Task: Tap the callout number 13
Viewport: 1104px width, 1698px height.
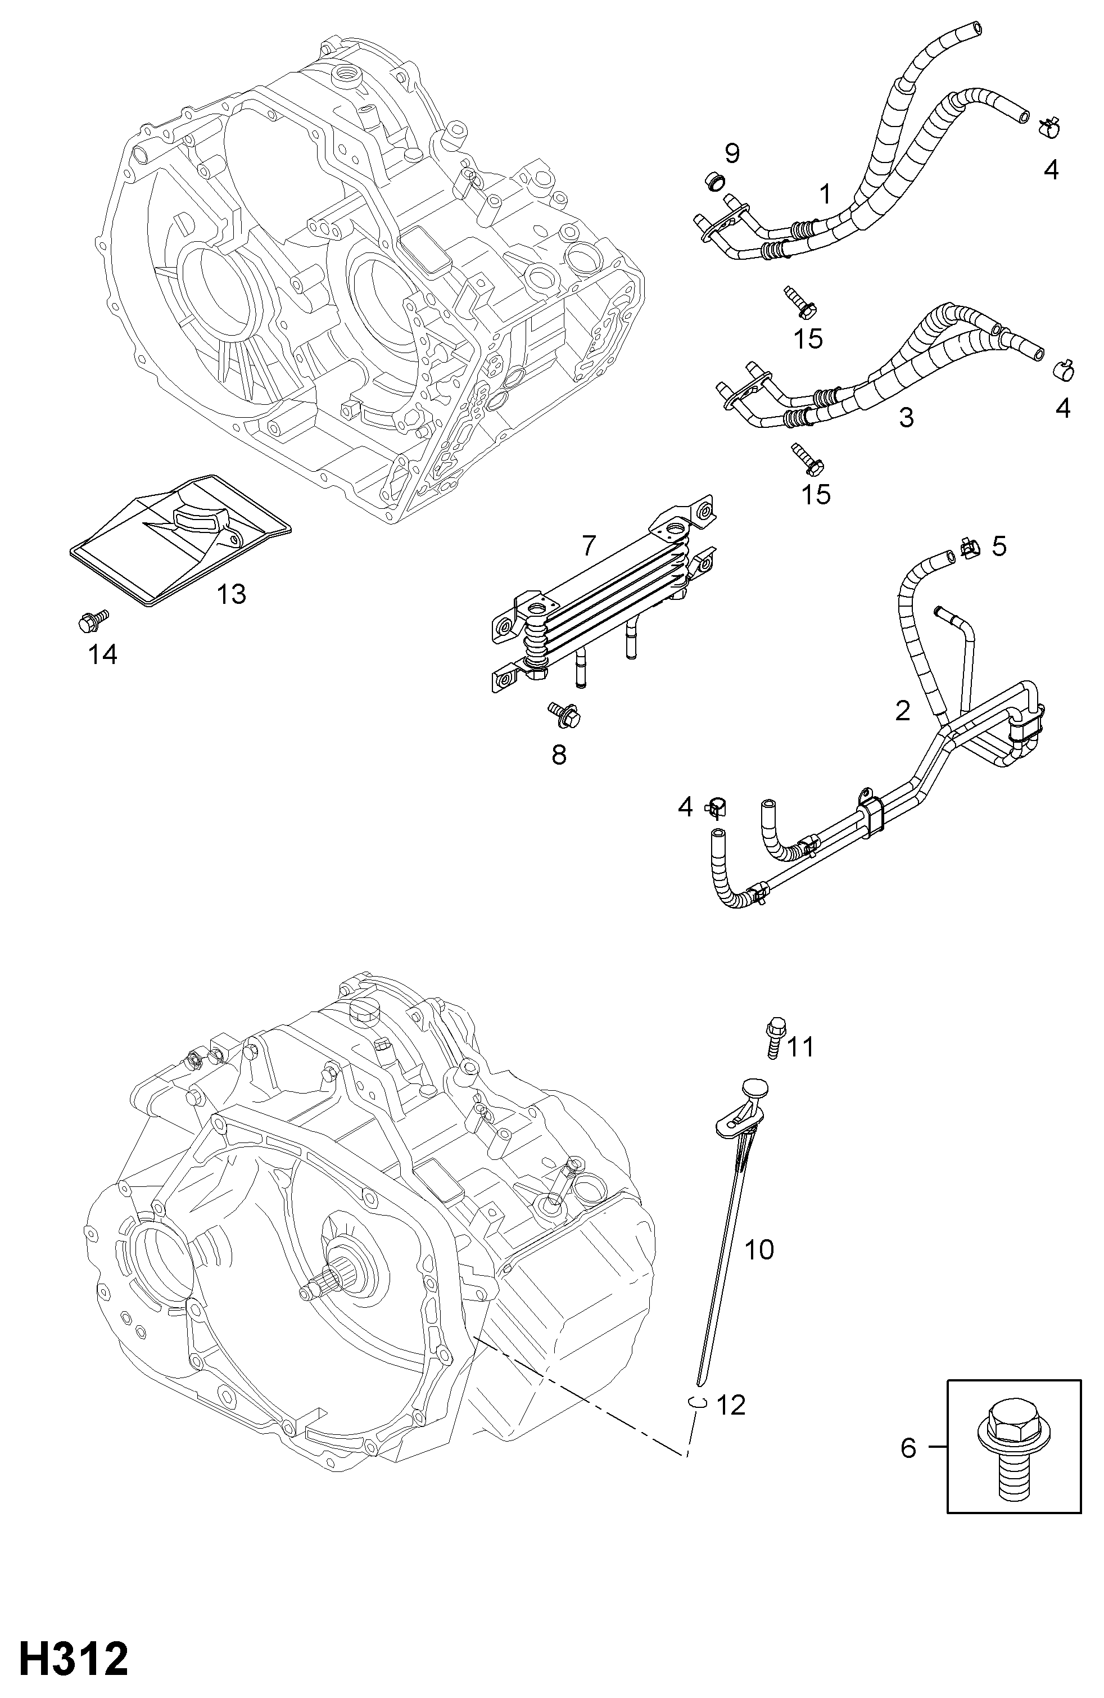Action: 232,594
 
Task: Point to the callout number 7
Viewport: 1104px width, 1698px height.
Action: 587,545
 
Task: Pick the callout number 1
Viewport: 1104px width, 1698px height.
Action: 825,194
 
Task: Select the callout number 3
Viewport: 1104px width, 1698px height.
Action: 906,417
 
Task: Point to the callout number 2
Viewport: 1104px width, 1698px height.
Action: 902,711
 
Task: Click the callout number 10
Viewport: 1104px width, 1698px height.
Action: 759,1249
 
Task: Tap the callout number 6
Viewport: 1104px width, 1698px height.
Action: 908,1448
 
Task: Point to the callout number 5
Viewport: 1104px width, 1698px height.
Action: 998,547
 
